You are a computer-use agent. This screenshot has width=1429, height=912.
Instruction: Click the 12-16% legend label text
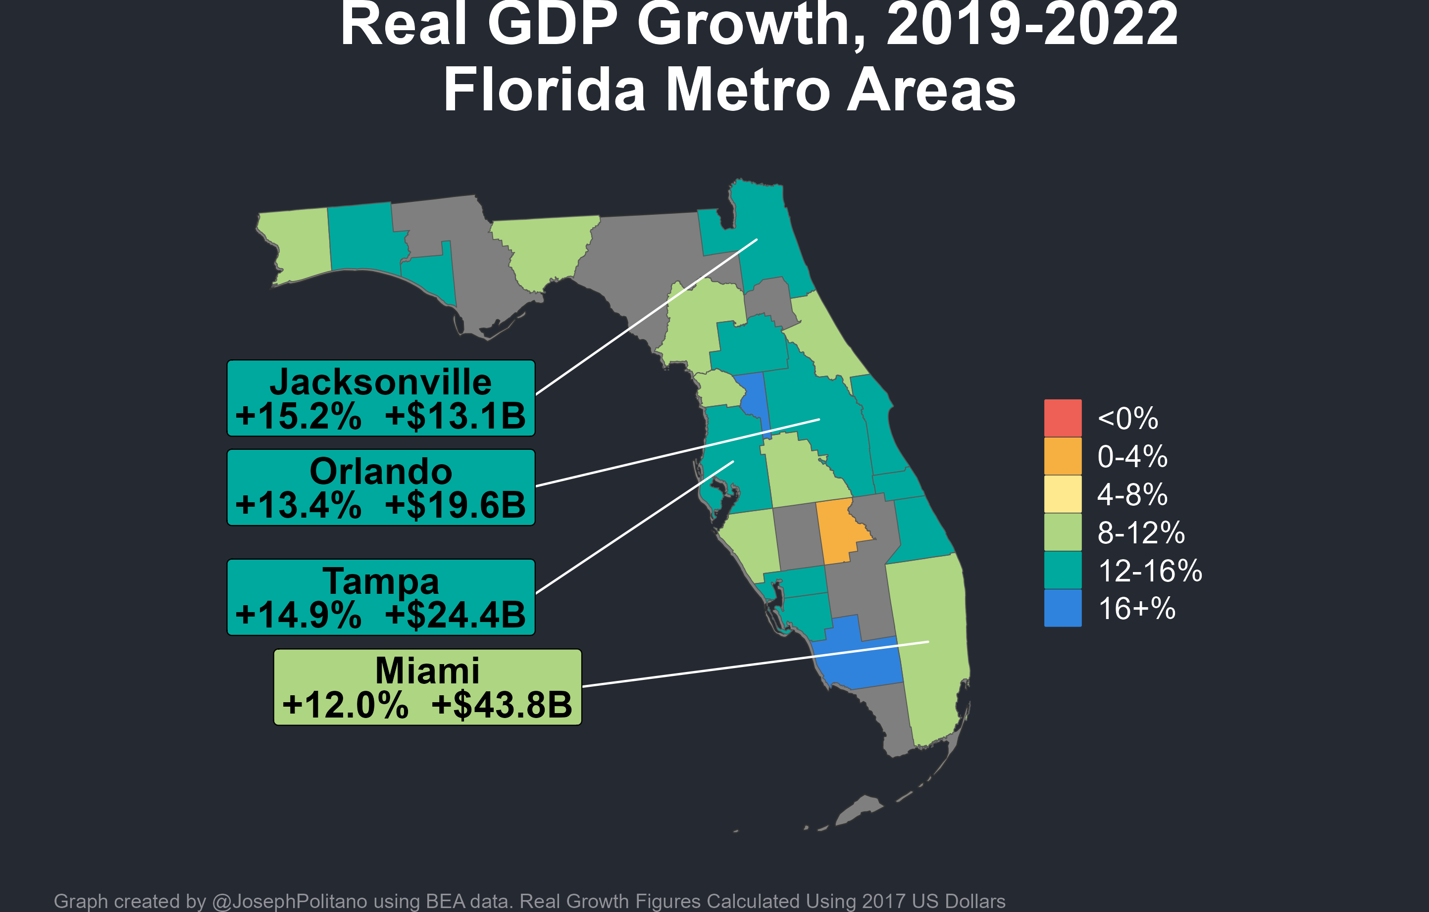click(x=1150, y=571)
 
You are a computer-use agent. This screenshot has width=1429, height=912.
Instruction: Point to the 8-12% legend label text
click(x=1141, y=532)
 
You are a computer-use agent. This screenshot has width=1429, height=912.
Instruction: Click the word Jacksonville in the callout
click(x=380, y=382)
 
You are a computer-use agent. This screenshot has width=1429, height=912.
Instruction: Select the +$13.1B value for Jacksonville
click(x=455, y=416)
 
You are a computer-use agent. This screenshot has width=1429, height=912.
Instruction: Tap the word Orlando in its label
click(x=380, y=472)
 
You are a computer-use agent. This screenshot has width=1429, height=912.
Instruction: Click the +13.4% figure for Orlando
click(x=298, y=505)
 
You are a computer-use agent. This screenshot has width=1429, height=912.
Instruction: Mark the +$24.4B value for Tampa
click(x=455, y=615)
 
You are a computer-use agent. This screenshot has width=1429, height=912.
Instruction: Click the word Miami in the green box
click(x=427, y=671)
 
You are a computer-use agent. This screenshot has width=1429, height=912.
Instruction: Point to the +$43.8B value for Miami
click(x=502, y=705)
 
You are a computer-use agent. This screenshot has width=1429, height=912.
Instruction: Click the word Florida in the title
click(x=544, y=90)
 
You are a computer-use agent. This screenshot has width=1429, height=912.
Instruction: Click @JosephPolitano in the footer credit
click(x=290, y=901)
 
